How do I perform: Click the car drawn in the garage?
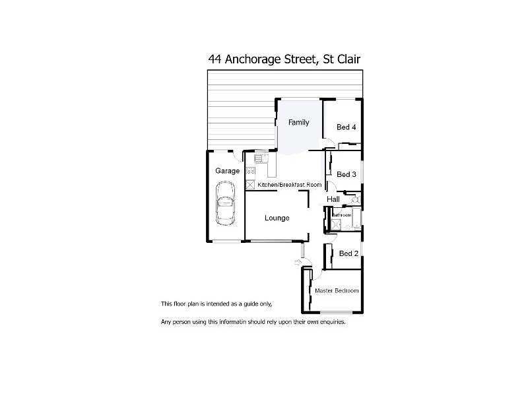(226, 205)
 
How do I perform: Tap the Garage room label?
(228, 171)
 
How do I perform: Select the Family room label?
(298, 123)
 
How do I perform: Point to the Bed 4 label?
(346, 127)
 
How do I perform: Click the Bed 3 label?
(346, 174)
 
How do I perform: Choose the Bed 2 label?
(348, 253)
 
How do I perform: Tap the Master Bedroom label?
(337, 290)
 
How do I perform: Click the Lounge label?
(277, 218)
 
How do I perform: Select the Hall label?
(333, 199)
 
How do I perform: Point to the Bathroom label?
(341, 215)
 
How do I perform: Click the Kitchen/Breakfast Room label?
(290, 185)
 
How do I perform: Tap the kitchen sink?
(259, 158)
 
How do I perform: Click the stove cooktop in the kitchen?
(251, 171)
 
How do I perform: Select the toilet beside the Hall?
(355, 199)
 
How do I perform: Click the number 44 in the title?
(214, 59)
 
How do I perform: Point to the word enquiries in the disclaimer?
(330, 322)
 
